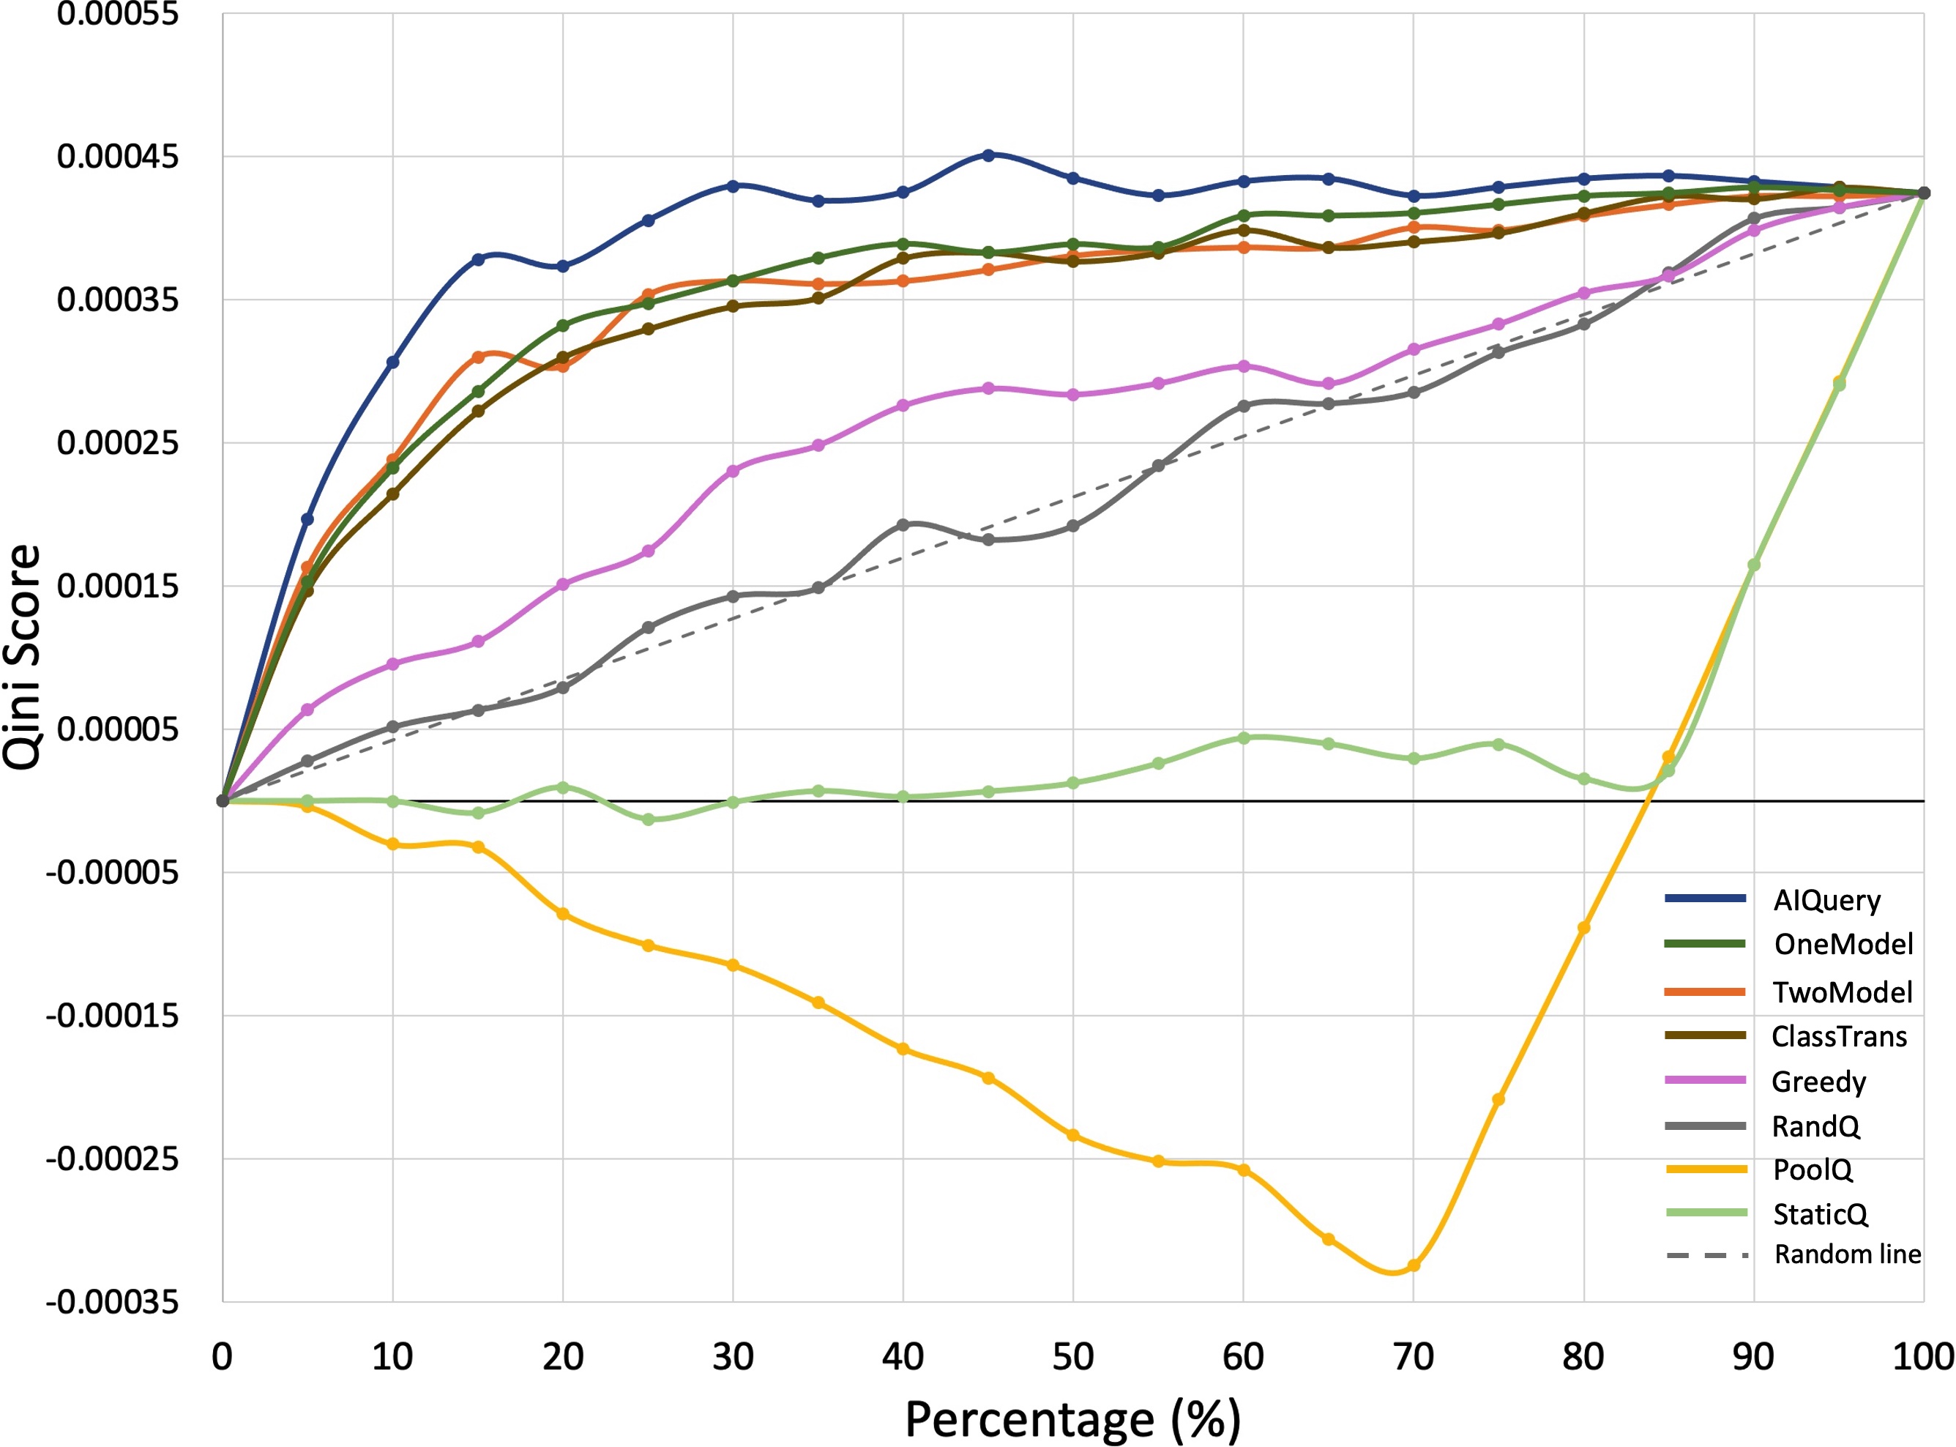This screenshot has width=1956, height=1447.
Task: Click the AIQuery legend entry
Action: click(1826, 901)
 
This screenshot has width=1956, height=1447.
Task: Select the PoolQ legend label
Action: click(1812, 1169)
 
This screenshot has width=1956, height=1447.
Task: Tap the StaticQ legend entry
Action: click(1819, 1214)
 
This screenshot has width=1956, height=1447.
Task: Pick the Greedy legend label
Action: click(1818, 1082)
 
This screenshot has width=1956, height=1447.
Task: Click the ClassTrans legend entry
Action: click(1839, 1036)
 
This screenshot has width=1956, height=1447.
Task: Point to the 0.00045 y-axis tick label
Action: click(117, 157)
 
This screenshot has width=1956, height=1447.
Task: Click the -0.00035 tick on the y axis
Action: click(112, 1303)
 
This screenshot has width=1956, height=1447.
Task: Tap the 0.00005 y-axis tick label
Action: click(117, 729)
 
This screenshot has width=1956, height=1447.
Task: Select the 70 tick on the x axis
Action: click(1412, 1357)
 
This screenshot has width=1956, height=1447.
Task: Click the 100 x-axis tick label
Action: click(1923, 1357)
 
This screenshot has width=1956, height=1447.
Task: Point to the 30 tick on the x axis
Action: click(733, 1357)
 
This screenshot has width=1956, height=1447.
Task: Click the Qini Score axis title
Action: click(23, 657)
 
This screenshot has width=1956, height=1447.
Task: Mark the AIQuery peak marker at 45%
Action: click(988, 155)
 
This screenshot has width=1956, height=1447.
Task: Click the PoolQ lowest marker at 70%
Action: click(1413, 1265)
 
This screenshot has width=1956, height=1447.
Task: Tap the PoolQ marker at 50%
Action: click(1073, 1136)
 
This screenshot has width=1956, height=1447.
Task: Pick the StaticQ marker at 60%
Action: click(1243, 738)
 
